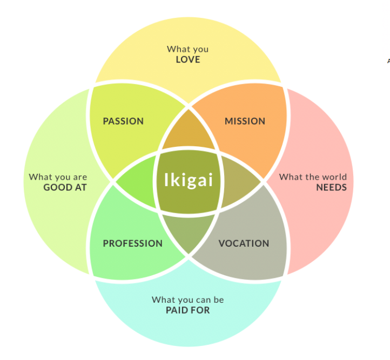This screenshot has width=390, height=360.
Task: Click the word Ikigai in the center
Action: (x=189, y=180)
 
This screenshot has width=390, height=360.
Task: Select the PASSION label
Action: (x=123, y=121)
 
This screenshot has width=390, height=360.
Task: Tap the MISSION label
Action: (x=245, y=121)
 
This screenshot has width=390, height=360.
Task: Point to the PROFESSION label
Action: (x=132, y=243)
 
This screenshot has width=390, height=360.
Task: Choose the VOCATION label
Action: (x=244, y=243)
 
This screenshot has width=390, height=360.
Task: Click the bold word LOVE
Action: (x=188, y=59)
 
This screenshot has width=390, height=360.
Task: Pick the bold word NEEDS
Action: (x=331, y=187)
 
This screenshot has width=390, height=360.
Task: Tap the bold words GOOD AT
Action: (x=65, y=187)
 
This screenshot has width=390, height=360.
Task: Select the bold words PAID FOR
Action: (x=188, y=310)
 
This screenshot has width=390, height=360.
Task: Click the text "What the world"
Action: (x=313, y=177)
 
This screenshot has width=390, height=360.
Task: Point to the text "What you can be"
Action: (x=188, y=300)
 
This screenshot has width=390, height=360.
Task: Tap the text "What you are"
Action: (x=58, y=177)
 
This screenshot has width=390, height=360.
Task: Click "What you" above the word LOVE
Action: (x=188, y=49)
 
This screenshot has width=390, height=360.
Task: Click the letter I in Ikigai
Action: (x=167, y=179)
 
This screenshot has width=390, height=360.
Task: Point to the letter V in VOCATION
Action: (x=221, y=243)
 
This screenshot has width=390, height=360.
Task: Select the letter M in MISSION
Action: (x=228, y=121)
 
